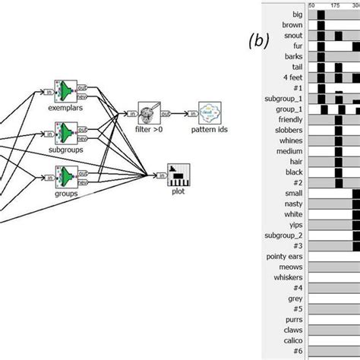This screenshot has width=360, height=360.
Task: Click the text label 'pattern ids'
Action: [211, 130]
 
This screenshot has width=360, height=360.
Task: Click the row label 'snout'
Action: [292, 36]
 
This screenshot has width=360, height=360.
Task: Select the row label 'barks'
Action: [293, 56]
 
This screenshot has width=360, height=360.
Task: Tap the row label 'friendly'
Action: [290, 119]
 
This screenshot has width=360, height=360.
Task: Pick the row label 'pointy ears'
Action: [286, 256]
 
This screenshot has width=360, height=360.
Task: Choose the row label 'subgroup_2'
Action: [285, 235]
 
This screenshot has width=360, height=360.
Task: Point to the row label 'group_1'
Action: [289, 109]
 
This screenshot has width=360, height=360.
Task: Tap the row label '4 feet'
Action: [292, 77]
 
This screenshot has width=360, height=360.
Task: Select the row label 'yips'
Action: [295, 225]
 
